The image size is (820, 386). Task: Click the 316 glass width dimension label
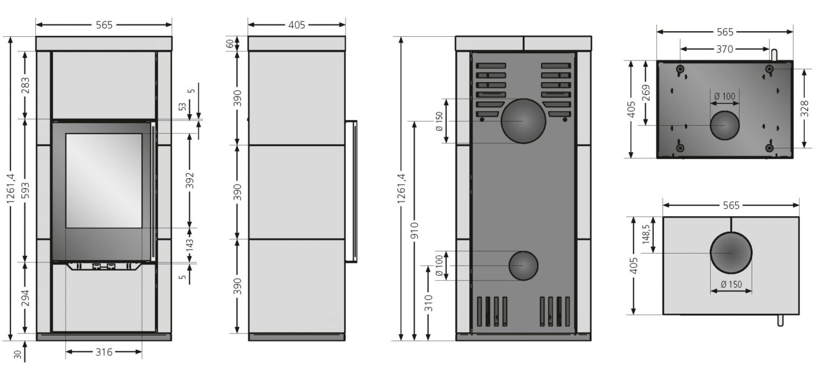pyautogui.click(x=104, y=352)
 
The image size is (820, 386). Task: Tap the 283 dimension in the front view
pyautogui.click(x=25, y=85)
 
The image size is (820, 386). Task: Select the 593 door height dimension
pyautogui.click(x=25, y=190)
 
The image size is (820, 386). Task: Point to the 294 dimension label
pyautogui.click(x=25, y=298)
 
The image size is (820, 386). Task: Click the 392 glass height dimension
pyautogui.click(x=190, y=180)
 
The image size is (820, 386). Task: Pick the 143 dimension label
pyautogui.click(x=190, y=245)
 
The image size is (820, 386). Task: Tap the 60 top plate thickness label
pyautogui.click(x=230, y=44)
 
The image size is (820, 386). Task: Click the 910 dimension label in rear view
pyautogui.click(x=415, y=230)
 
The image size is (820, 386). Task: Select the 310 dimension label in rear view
pyautogui.click(x=428, y=303)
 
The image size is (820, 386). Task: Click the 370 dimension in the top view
pyautogui.click(x=725, y=49)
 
